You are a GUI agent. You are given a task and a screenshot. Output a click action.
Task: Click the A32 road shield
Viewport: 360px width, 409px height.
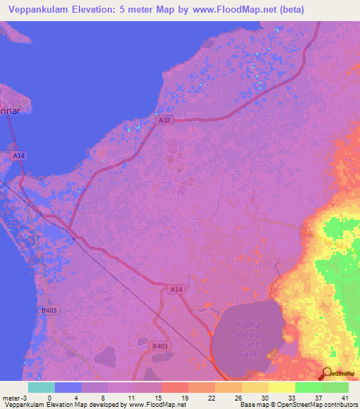point(164,121)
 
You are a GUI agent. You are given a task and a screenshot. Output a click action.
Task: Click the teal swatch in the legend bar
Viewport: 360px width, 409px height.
point(41,387)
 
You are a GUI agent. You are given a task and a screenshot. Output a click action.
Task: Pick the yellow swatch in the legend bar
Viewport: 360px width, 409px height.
point(282,387)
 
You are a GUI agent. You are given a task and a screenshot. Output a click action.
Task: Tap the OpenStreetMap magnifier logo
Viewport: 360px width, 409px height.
point(327,374)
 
